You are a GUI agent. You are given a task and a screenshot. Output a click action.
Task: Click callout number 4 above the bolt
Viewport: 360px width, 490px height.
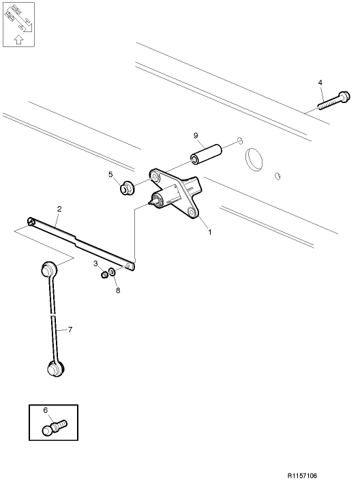(x=320, y=83)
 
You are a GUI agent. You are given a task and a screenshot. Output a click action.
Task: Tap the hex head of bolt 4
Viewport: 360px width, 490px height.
(x=345, y=96)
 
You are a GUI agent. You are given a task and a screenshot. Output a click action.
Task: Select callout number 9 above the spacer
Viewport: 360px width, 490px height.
(x=196, y=136)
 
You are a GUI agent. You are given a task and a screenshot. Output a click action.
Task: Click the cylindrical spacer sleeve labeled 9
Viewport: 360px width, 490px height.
(x=206, y=154)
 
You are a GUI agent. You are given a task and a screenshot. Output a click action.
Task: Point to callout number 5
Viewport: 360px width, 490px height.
(x=110, y=174)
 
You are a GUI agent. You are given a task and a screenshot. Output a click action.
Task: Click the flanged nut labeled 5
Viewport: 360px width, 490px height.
(x=127, y=188)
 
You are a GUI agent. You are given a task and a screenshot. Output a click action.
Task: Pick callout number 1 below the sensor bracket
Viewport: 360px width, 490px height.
(x=210, y=232)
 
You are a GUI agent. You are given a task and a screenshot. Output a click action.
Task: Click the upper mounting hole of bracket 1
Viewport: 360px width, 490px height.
(x=155, y=177)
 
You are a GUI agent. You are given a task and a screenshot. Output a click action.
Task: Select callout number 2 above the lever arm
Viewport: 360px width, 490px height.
(x=59, y=209)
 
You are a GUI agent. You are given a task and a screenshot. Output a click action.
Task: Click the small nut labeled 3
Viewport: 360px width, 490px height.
(x=105, y=275)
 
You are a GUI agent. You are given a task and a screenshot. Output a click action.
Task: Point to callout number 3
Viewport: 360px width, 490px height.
(x=95, y=263)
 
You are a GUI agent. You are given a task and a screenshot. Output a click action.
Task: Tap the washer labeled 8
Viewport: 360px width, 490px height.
(x=112, y=272)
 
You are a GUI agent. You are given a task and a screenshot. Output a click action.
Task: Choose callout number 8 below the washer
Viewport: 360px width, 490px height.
(x=118, y=291)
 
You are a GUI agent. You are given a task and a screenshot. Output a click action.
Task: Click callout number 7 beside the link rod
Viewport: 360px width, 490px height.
(x=70, y=330)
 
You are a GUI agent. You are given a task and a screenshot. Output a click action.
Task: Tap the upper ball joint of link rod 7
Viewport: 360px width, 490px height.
(x=49, y=269)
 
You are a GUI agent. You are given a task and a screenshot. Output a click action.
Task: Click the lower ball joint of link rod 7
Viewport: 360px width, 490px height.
(x=56, y=369)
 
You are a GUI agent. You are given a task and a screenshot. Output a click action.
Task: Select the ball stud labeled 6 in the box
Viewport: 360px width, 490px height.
(x=55, y=427)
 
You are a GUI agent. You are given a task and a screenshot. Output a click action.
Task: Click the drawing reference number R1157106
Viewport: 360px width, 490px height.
(x=302, y=476)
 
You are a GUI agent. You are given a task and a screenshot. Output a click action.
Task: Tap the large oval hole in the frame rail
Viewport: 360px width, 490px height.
(x=254, y=159)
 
